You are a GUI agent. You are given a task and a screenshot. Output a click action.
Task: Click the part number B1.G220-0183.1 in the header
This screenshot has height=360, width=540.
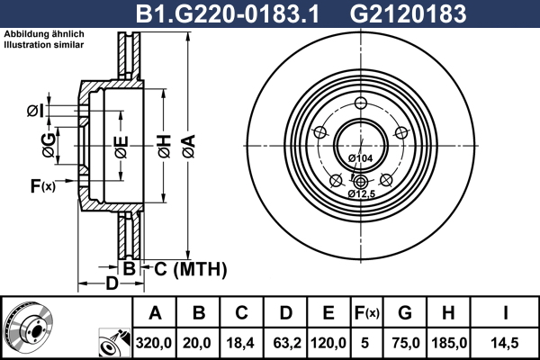[x=228, y=14]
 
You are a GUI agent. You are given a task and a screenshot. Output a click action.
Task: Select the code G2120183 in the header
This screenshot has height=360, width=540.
[x=408, y=14]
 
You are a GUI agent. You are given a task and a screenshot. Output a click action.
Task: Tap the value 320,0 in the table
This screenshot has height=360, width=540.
[x=154, y=343]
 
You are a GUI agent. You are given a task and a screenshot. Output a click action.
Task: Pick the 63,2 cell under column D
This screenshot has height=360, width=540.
[x=287, y=343]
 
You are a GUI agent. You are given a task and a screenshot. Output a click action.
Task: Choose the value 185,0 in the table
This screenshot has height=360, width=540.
[x=449, y=343]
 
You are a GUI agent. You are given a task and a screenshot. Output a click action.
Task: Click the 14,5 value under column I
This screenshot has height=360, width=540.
[x=505, y=343]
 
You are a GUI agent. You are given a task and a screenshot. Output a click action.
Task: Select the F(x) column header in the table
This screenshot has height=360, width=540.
[x=367, y=313]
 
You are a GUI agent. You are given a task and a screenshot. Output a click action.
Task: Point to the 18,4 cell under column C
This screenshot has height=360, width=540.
[x=240, y=343]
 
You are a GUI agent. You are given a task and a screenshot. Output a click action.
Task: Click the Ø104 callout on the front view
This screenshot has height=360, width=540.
[x=360, y=158]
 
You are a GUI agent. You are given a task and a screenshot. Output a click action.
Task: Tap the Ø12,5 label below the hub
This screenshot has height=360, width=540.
[x=361, y=194]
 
